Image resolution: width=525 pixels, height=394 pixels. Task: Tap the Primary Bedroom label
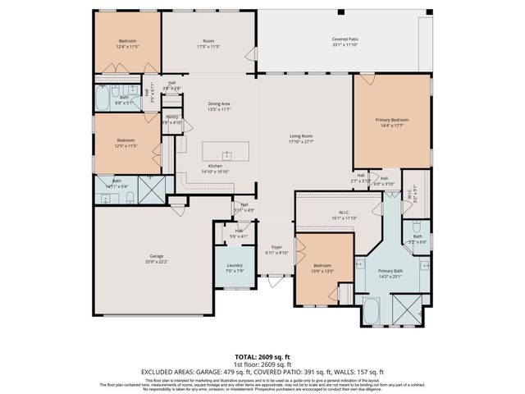[392, 120]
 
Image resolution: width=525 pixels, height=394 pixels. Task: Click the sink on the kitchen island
[227, 153]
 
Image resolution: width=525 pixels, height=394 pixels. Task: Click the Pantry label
[171, 117]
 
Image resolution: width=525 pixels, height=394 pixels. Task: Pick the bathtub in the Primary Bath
[370, 310]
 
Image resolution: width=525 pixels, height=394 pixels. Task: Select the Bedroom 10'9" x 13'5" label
[322, 266]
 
